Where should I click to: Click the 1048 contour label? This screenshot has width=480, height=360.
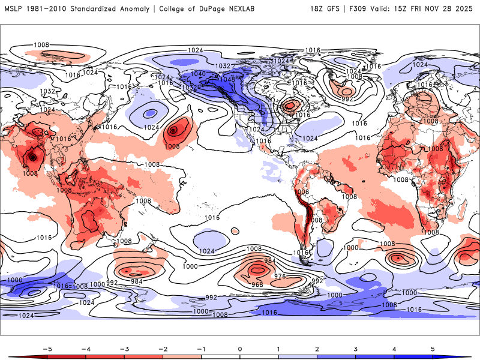coord(227,79)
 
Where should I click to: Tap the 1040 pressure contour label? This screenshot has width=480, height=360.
coord(199,74)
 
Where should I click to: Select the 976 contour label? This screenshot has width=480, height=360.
coord(279,275)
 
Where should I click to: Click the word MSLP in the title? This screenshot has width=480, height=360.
coord(14,8)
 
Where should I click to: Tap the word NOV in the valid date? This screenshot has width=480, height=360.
coord(430,8)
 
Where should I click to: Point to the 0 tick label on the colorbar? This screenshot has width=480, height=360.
coord(240,348)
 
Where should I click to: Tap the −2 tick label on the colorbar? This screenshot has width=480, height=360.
coord(163,348)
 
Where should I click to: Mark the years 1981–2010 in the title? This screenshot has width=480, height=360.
coord(50,8)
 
